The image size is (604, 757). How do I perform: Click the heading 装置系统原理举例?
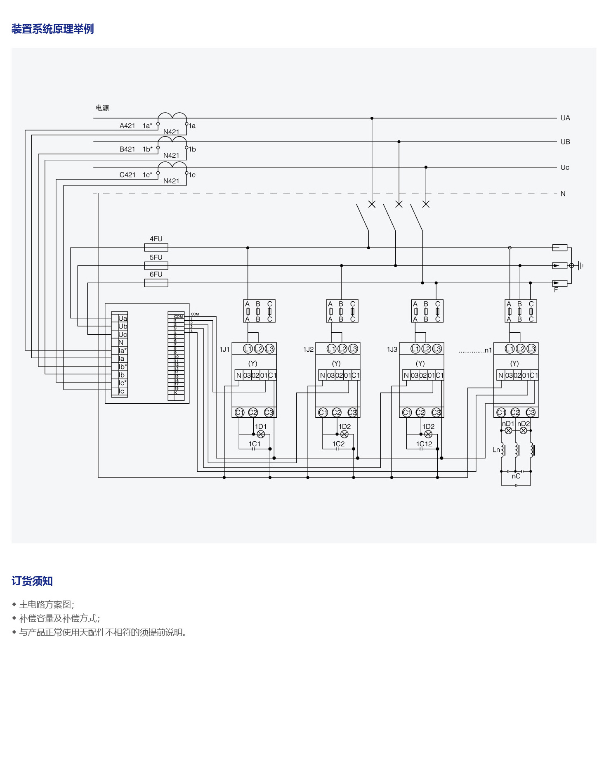click(x=52, y=29)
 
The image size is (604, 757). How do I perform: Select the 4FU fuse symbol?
click(x=156, y=248)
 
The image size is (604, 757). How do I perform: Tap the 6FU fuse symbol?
click(x=156, y=283)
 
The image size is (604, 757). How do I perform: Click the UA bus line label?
click(x=565, y=118)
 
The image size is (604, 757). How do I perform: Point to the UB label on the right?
click(x=565, y=142)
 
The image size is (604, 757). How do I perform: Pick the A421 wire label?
click(x=127, y=126)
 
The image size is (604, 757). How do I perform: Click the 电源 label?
click(x=102, y=108)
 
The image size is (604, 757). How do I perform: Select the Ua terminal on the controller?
click(x=123, y=318)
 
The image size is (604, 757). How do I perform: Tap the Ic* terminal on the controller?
click(x=123, y=383)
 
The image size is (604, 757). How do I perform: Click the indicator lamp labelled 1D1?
click(x=261, y=434)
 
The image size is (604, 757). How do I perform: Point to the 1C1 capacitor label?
click(x=255, y=444)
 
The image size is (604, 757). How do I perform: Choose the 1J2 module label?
click(x=308, y=350)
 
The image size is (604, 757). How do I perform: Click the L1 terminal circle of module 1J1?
click(x=248, y=349)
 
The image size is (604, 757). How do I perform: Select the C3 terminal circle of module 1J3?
click(x=436, y=412)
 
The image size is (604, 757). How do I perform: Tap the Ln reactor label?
click(x=496, y=449)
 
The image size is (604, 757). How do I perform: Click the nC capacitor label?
click(x=516, y=476)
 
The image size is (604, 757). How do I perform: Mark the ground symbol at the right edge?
click(x=580, y=265)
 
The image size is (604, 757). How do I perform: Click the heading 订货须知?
click(x=32, y=581)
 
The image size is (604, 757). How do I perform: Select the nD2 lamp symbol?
click(x=523, y=431)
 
